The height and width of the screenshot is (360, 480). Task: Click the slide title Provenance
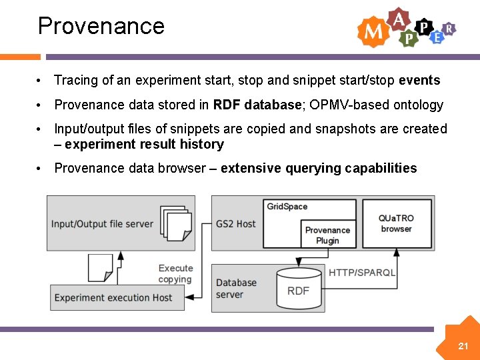pyautogui.click(x=101, y=26)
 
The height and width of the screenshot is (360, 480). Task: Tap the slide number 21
pyautogui.click(x=463, y=346)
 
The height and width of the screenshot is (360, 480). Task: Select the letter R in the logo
pyautogui.click(x=450, y=28)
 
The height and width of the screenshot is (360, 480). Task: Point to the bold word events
pyautogui.click(x=419, y=81)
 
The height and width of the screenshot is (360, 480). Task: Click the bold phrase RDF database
pyautogui.click(x=257, y=105)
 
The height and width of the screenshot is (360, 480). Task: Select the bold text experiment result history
pyautogui.click(x=145, y=145)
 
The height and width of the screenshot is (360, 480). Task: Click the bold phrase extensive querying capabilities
pyautogui.click(x=319, y=168)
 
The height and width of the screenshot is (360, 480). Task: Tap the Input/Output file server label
pyautogui.click(x=102, y=224)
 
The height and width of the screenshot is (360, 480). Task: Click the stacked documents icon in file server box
pyautogui.click(x=178, y=223)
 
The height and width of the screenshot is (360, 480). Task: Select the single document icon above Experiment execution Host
pyautogui.click(x=100, y=267)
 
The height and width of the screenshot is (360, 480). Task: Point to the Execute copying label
pyautogui.click(x=175, y=274)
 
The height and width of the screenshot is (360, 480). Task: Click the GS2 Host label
pyautogui.click(x=235, y=224)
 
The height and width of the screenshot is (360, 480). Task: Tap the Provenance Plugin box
pyautogui.click(x=327, y=235)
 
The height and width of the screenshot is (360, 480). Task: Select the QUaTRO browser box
pyautogui.click(x=396, y=223)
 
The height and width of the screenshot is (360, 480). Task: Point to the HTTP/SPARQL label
pyautogui.click(x=362, y=273)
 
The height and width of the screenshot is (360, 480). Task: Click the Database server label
pyautogui.click(x=236, y=289)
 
